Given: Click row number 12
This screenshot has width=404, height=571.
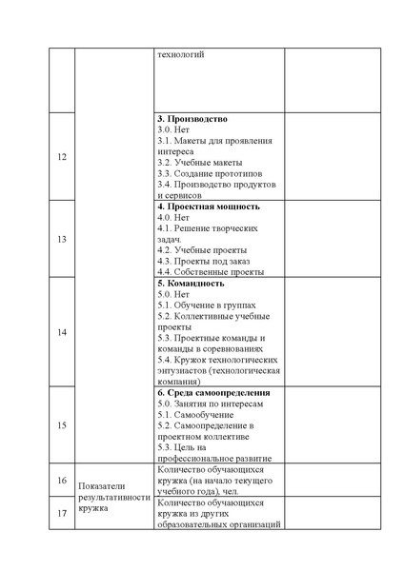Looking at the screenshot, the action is pyautogui.click(x=62, y=156).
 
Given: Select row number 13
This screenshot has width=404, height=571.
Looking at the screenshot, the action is pyautogui.click(x=62, y=239).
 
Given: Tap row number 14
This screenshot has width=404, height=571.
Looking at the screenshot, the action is pyautogui.click(x=62, y=331).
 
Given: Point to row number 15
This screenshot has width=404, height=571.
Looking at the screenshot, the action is pyautogui.click(x=62, y=424).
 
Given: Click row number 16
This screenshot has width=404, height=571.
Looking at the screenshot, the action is pyautogui.click(x=62, y=481).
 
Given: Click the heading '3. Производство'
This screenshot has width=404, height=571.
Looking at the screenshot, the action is pyautogui.click(x=192, y=118).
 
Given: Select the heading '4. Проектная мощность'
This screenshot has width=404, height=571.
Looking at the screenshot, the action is pyautogui.click(x=208, y=206).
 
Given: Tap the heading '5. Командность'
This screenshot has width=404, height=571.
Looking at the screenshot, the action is pyautogui.click(x=191, y=283).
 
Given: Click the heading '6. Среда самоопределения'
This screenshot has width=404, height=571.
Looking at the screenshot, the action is pyautogui.click(x=213, y=392).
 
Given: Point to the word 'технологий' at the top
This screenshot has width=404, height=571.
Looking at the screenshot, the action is pyautogui.click(x=180, y=54).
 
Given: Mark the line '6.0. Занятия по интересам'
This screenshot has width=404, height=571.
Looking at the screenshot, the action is pyautogui.click(x=210, y=404).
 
